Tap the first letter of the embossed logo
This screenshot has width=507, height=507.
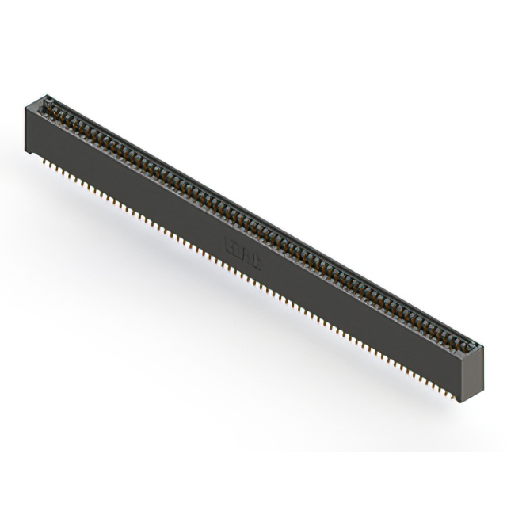pos(228,236)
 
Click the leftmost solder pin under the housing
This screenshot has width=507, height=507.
pos(38,156)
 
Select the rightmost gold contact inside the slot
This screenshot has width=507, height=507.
pos(467,342)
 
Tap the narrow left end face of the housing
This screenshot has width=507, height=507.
pos(29,127)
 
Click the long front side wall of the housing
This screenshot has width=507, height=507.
pos(238,253)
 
